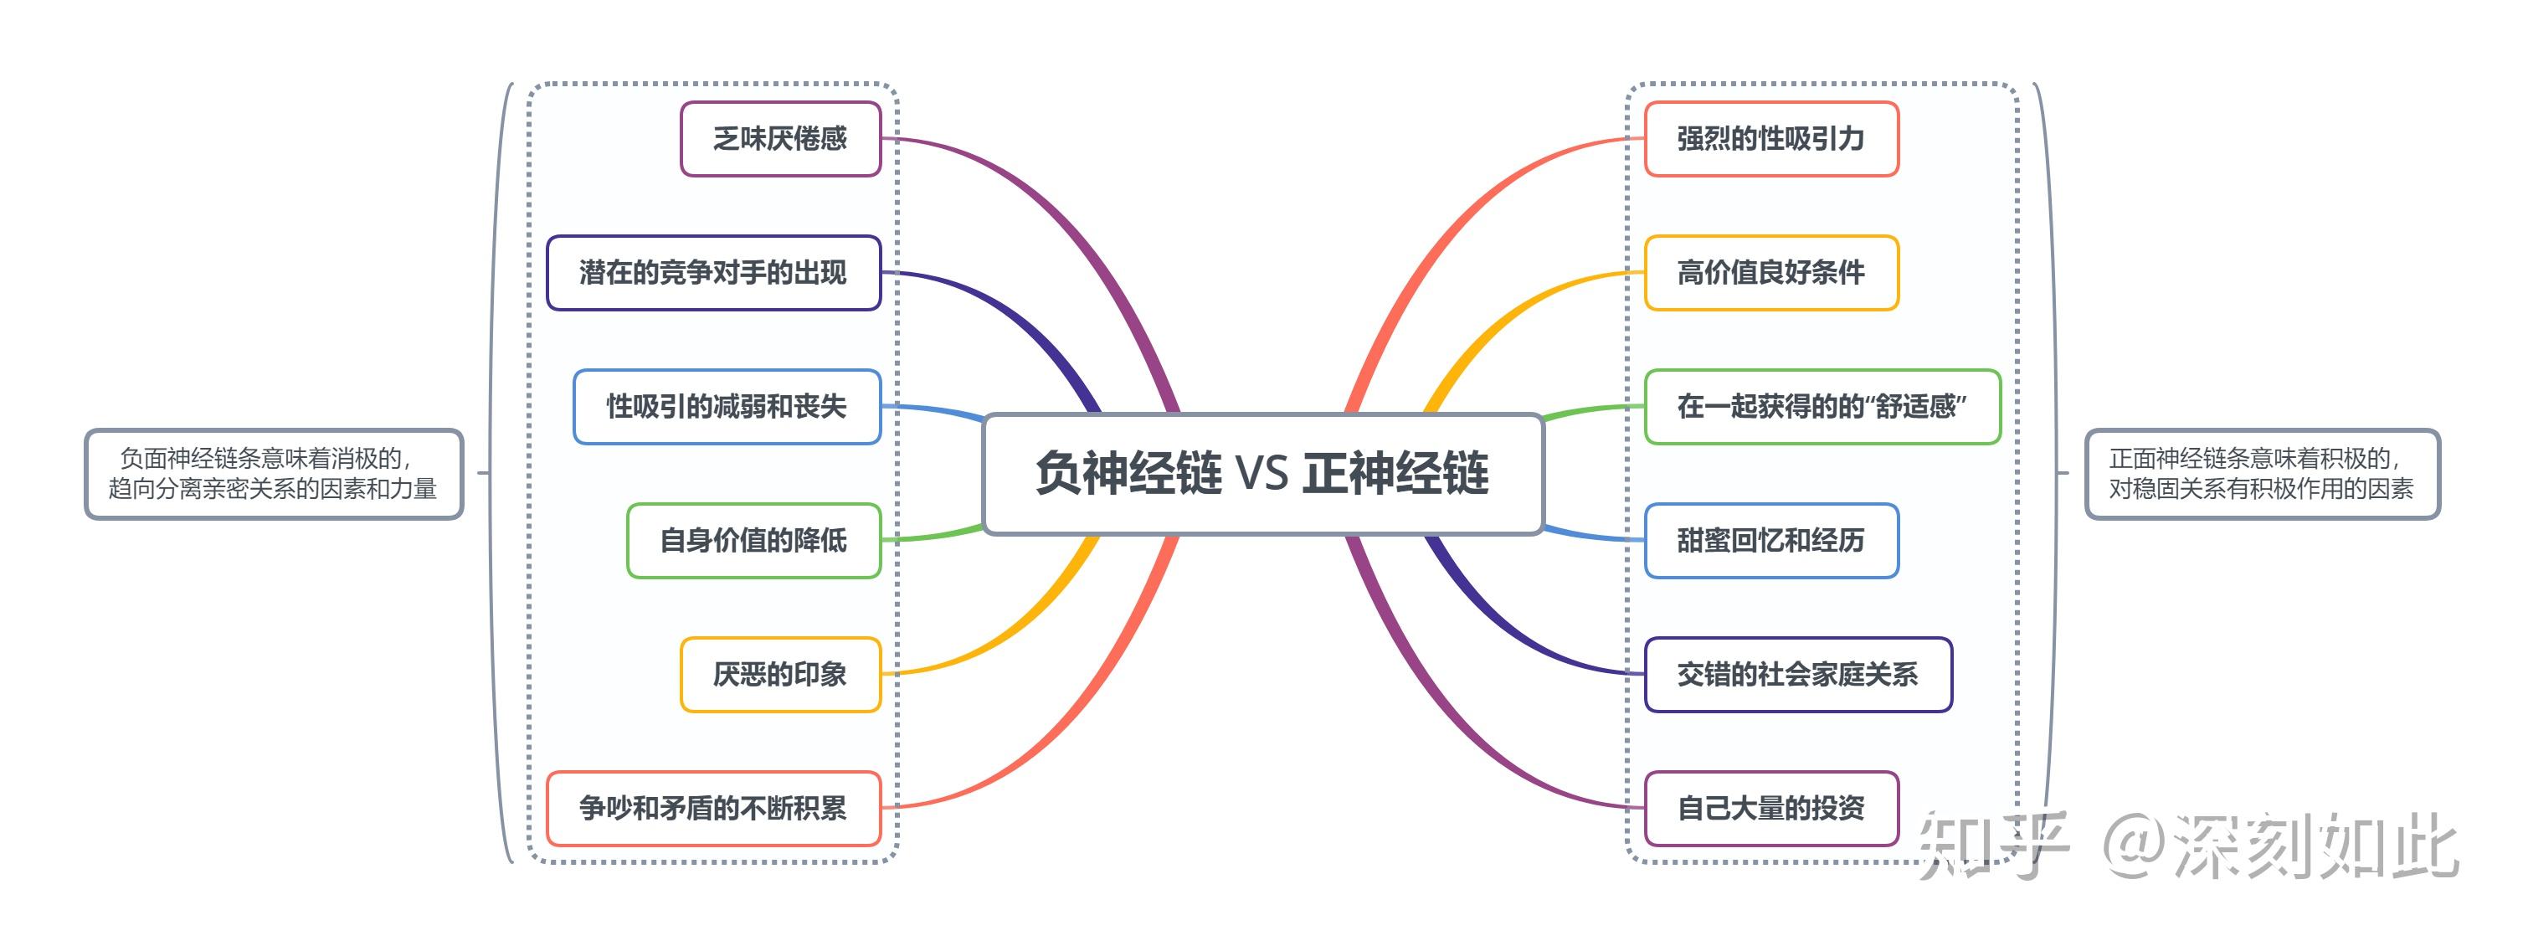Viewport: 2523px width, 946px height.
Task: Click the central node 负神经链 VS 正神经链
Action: (1262, 474)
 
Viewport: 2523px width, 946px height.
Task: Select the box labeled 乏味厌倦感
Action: (781, 139)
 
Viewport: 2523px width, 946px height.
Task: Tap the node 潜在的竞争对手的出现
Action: (713, 273)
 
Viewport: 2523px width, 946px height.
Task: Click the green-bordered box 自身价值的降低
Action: (753, 541)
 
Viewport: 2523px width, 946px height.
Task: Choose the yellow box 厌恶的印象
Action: (781, 675)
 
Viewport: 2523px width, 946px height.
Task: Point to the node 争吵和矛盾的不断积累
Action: (713, 809)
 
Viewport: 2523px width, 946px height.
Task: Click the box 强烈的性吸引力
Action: (1770, 139)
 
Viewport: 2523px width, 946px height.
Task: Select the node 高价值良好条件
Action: (1770, 273)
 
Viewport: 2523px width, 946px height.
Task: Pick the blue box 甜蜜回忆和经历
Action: (1770, 541)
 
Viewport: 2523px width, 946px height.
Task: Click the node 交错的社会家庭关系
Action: (1797, 675)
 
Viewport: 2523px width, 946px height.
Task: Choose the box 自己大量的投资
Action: (1770, 809)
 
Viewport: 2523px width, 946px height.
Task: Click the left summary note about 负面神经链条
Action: (273, 474)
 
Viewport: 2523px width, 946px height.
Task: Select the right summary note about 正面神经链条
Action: (2262, 474)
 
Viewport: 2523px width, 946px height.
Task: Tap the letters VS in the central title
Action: (1261, 474)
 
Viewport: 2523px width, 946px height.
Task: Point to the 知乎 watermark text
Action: (1993, 844)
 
